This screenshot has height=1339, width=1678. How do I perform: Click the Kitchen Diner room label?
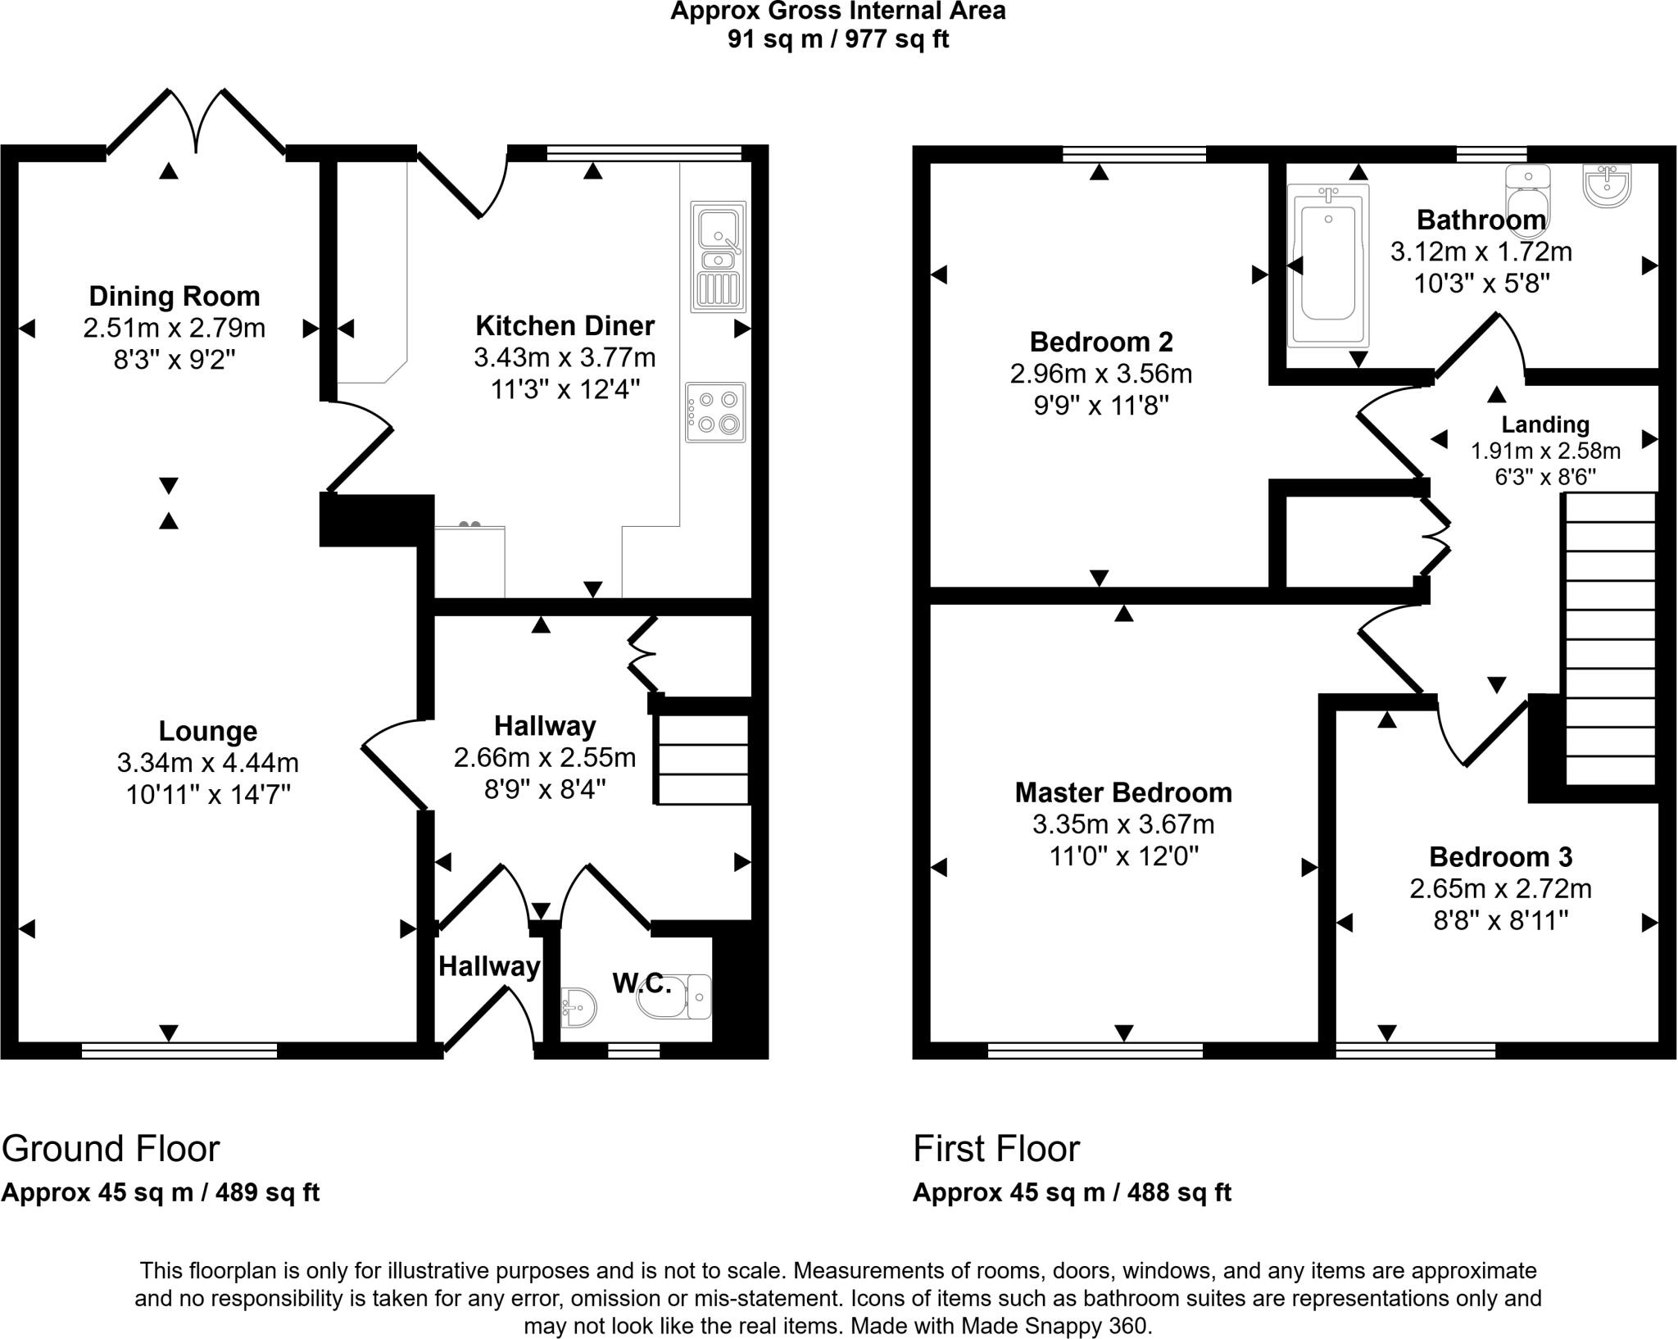point(565,326)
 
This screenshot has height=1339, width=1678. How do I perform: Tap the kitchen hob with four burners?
point(716,412)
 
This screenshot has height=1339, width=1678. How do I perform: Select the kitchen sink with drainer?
point(719,256)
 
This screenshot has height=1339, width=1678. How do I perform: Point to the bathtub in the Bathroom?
point(1327,265)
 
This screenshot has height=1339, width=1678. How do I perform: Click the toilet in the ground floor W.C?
point(673,996)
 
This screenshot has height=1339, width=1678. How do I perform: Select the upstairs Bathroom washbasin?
point(1607,186)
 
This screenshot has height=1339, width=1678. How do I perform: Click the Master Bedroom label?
point(1123,792)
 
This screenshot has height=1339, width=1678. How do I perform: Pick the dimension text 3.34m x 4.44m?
point(207,763)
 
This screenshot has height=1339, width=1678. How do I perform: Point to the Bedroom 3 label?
point(1500,857)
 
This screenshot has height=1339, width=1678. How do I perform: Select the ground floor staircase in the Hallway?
point(703,760)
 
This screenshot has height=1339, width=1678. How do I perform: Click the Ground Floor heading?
point(111,1149)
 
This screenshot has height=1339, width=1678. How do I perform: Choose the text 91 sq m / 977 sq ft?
point(837,39)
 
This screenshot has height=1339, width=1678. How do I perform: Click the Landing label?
point(1545,424)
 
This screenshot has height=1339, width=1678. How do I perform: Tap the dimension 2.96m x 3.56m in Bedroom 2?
point(1100,374)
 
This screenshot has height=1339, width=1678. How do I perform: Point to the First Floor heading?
point(996,1149)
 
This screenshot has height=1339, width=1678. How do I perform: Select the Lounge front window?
point(179,1050)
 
